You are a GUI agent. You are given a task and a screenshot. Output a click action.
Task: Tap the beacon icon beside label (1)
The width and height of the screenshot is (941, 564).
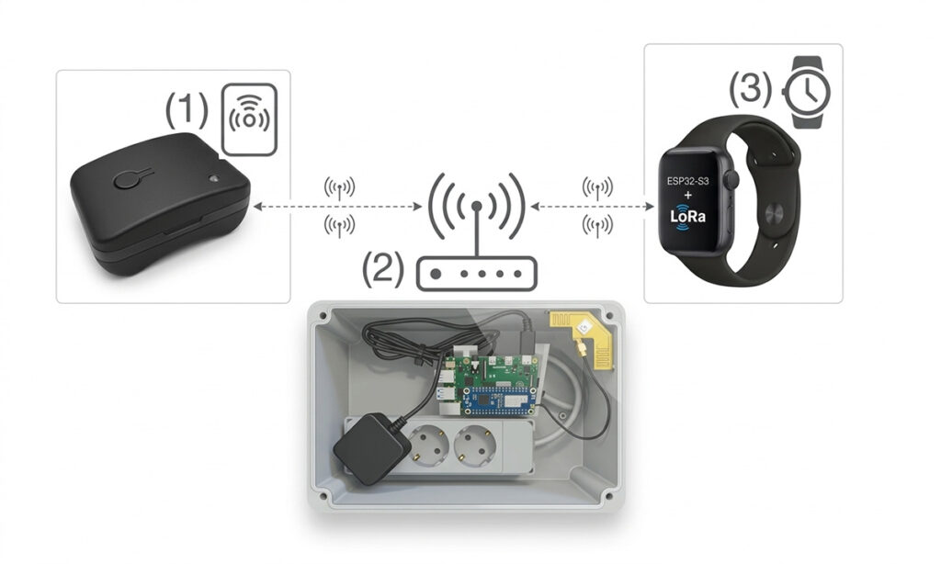pos(250,119)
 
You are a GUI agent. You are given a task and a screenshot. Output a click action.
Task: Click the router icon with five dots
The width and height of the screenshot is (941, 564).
pos(476,274)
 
